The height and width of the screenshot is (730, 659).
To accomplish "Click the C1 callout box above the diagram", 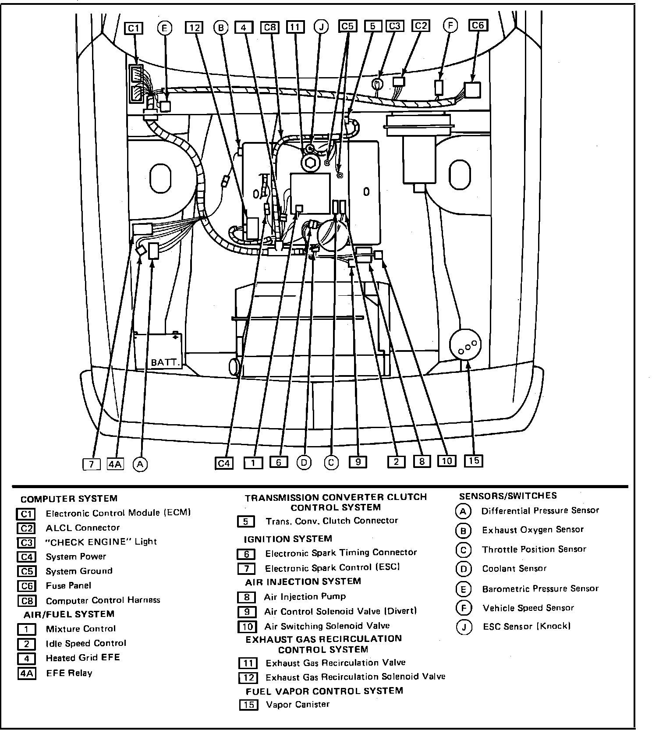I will pos(134,28).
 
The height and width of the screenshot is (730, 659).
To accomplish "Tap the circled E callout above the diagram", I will pos(164,28).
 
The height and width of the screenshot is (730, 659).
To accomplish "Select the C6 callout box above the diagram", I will pos(478,25).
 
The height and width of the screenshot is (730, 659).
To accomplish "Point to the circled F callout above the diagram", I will pos(450,25).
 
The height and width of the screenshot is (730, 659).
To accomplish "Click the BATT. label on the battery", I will pos(166,363).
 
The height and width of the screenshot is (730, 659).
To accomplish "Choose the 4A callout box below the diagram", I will pos(115,464).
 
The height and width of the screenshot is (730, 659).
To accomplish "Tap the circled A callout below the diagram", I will pos(140,464).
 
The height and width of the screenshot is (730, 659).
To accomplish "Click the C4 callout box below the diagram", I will pos(224,463).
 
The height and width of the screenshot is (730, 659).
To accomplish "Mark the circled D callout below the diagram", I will pos(304,462).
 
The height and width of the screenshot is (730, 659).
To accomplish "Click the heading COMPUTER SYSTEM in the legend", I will pos(69,499).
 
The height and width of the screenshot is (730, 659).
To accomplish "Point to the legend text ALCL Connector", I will pos(82,528).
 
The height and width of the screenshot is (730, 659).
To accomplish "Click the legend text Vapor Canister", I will pos(298,705).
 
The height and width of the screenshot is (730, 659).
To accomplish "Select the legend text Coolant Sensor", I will pos(514,569).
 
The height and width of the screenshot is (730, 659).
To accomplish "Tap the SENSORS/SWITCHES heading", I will pos(508,496).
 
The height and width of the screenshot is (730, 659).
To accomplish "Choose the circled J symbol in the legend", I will pos(464,627).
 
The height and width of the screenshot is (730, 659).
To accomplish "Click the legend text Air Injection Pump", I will pos(305,596).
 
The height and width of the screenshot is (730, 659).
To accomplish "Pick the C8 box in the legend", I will pos(26,601).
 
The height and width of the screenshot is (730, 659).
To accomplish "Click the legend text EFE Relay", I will pos(69,673).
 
